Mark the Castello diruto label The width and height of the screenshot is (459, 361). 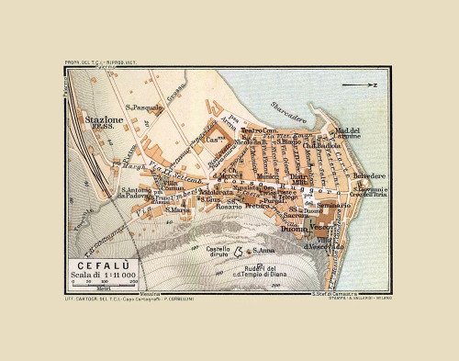[218, 252]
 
